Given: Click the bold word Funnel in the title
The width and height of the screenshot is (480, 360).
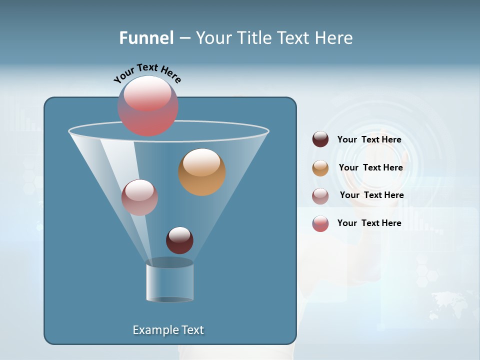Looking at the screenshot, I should (146, 38).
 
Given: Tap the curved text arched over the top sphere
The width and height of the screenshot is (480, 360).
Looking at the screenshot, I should (147, 73).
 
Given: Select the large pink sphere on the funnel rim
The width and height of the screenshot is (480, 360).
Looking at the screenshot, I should (148, 105).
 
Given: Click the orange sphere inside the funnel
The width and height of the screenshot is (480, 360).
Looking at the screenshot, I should (202, 172).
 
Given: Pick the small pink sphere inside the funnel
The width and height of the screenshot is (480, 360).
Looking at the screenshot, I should (139, 197).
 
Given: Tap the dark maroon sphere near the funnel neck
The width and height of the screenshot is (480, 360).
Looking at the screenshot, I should (179, 240).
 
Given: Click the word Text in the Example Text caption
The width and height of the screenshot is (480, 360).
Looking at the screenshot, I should (192, 330).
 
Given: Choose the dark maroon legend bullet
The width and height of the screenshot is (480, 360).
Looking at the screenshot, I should (320, 139).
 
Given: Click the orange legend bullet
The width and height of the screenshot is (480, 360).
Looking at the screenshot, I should (320, 167).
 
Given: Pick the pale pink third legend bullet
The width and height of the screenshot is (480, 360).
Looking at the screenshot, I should (320, 195).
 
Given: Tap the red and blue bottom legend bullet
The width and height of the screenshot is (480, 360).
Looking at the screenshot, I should (320, 223).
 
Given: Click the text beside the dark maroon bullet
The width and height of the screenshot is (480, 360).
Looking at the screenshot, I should (369, 139).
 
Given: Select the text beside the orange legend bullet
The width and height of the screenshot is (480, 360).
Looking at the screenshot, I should (370, 167).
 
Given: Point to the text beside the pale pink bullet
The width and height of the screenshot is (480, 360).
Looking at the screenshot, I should (371, 195).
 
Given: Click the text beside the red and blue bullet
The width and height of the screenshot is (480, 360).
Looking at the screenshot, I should (369, 223).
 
